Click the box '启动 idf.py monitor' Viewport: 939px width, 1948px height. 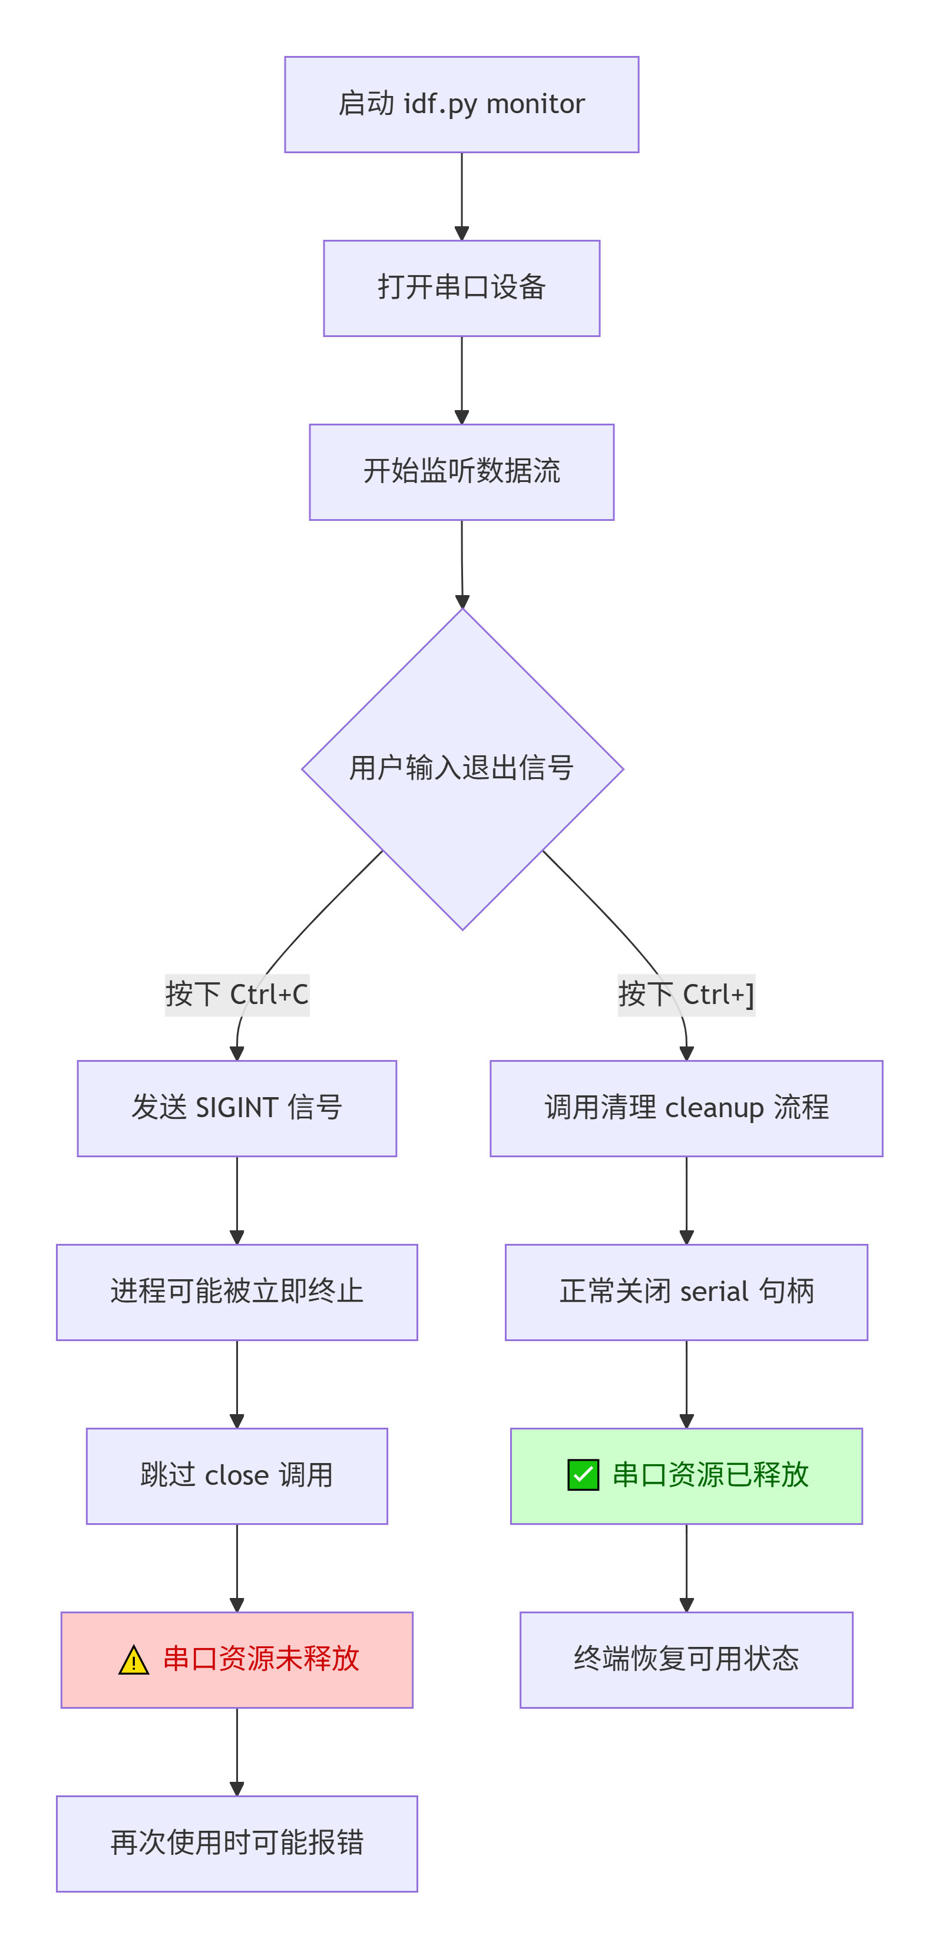click(461, 104)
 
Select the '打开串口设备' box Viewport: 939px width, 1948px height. click(461, 288)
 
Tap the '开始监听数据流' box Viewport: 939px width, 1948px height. click(461, 472)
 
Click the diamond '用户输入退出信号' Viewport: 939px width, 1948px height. click(462, 768)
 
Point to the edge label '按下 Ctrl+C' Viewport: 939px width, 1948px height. click(237, 995)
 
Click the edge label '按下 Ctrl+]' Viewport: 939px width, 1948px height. click(686, 995)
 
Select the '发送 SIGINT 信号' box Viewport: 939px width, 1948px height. click(237, 1108)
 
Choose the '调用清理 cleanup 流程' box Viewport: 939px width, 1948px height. click(686, 1108)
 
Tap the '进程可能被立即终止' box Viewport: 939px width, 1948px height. click(237, 1292)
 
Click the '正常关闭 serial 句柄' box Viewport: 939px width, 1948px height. click(686, 1292)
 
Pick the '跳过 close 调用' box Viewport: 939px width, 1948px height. click(237, 1475)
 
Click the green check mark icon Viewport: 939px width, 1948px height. click(583, 1475)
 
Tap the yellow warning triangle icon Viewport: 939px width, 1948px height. click(134, 1660)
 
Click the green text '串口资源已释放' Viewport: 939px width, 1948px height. click(710, 1475)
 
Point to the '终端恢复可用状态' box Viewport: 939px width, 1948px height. click(686, 1659)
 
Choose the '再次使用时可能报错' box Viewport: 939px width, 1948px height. click(237, 1843)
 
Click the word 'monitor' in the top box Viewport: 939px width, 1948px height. click(535, 104)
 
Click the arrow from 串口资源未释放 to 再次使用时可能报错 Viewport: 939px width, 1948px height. click(237, 1751)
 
